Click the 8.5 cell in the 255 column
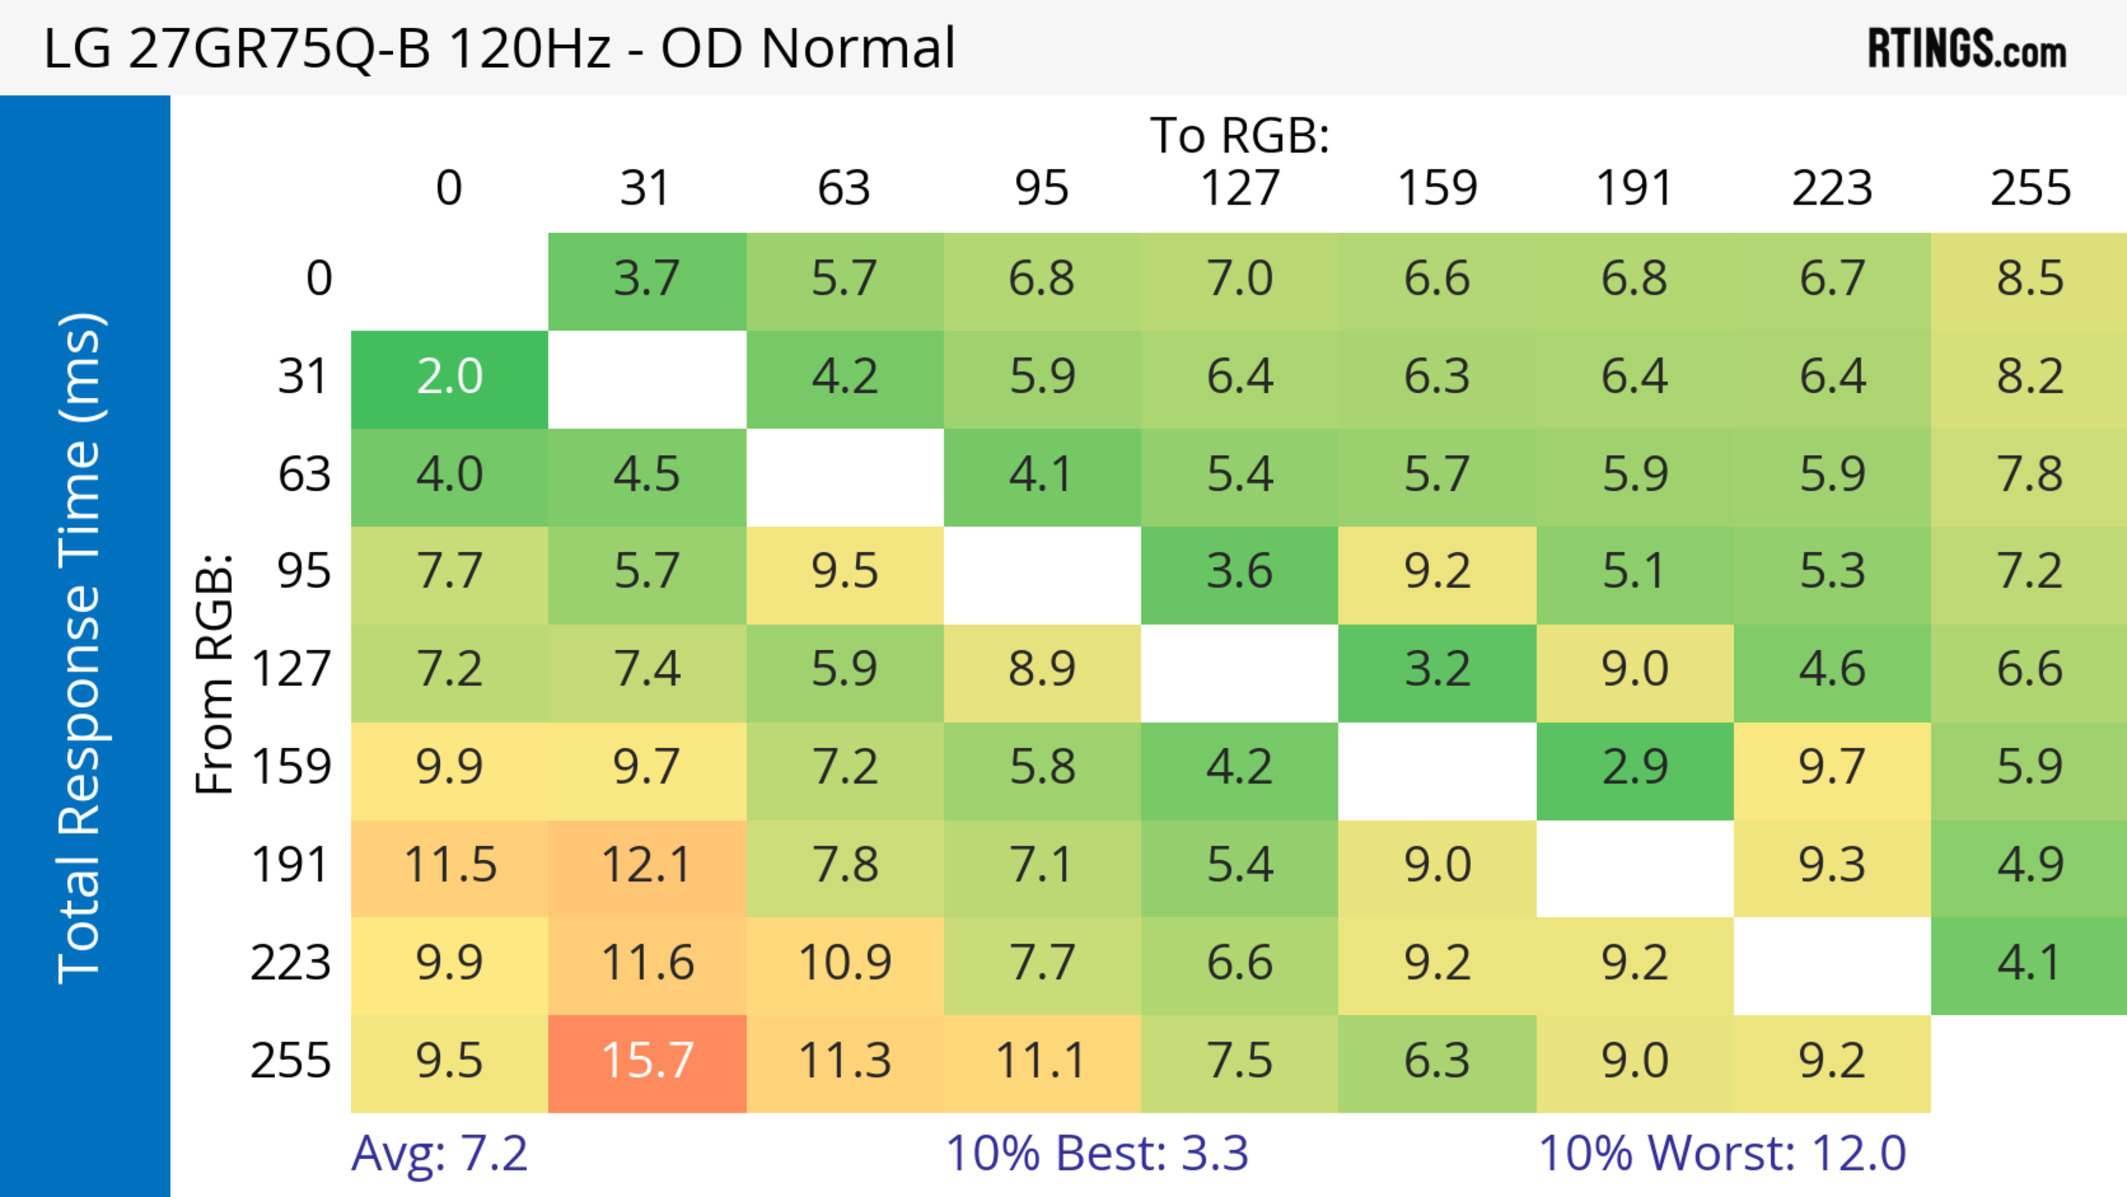pyautogui.click(x=2029, y=280)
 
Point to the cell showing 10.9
pyautogui.click(x=845, y=963)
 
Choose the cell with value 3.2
pyautogui.click(x=1437, y=670)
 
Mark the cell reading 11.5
pyautogui.click(x=449, y=866)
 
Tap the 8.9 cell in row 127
pyautogui.click(x=1042, y=670)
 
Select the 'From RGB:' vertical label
pyautogui.click(x=215, y=674)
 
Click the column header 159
pyautogui.click(x=1437, y=188)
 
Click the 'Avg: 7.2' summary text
pyautogui.click(x=439, y=1153)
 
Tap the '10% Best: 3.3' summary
pyautogui.click(x=1097, y=1153)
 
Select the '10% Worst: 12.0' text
pyautogui.click(x=1723, y=1153)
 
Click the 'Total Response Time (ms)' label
pyautogui.click(x=81, y=649)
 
